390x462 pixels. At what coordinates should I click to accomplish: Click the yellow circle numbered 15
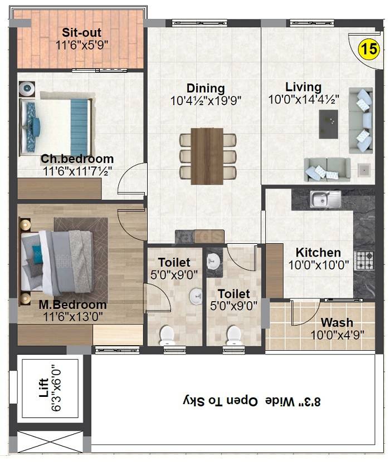[367, 50]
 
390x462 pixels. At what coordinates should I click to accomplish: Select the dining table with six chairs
[206, 156]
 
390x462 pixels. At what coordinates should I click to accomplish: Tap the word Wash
[337, 322]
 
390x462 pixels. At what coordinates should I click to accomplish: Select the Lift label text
[44, 388]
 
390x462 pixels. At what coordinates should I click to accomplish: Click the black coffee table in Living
[328, 124]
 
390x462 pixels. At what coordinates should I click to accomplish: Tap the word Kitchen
[318, 252]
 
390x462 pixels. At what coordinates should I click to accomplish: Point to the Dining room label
[206, 88]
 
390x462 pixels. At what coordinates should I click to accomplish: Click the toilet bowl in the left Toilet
[167, 335]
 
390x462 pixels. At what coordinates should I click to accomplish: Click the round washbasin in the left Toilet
[196, 295]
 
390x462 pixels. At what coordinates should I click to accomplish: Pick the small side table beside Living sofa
[364, 169]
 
